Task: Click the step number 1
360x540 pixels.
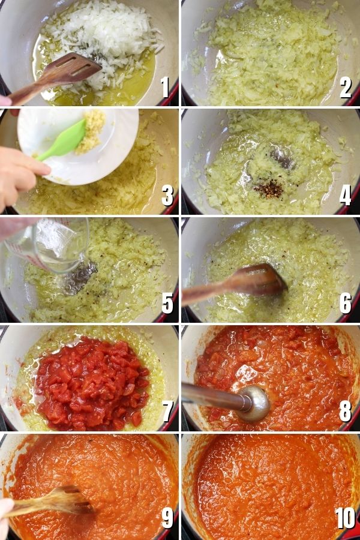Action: tap(166, 87)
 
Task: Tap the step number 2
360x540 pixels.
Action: tap(346, 87)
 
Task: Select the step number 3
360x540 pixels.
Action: tap(167, 195)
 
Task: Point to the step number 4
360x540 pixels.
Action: tap(345, 195)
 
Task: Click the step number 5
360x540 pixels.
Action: tap(167, 303)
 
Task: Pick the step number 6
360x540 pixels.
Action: tap(346, 303)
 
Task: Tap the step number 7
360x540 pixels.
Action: tap(167, 411)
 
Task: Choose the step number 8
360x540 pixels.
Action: tap(346, 411)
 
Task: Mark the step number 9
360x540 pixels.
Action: tap(167, 518)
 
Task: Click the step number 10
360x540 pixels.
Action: tap(345, 518)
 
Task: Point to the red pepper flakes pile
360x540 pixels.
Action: tap(269, 190)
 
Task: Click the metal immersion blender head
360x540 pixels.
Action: tap(254, 404)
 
